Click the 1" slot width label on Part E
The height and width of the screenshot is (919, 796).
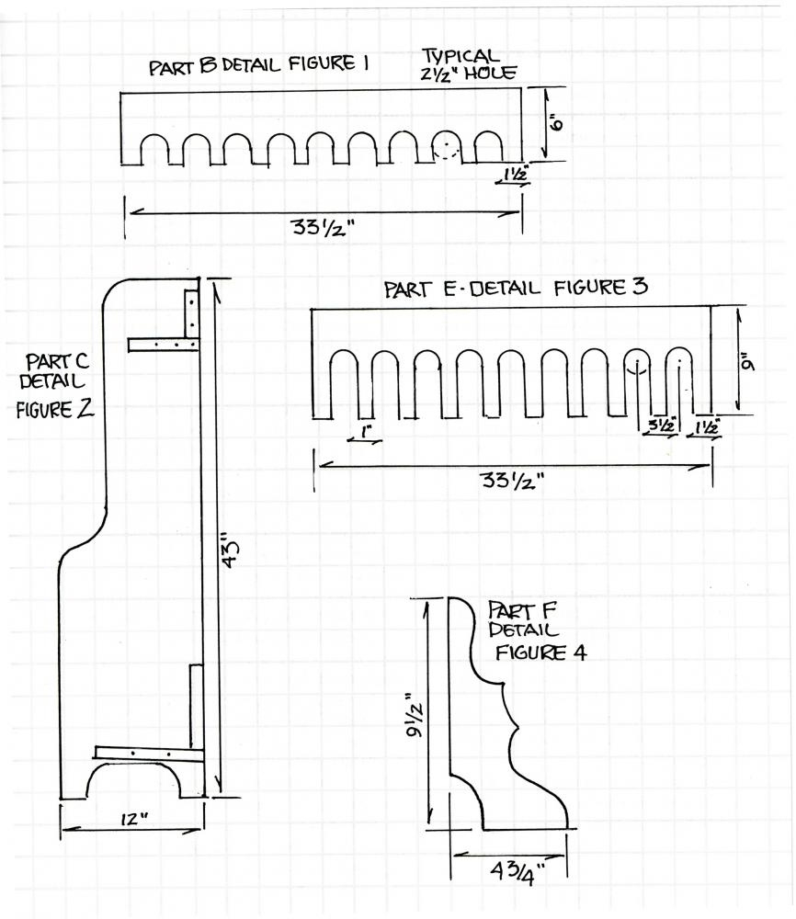point(365,430)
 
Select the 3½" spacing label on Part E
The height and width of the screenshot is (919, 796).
point(661,425)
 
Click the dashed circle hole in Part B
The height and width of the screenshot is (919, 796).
point(447,148)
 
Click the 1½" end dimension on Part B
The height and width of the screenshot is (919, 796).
point(513,174)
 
